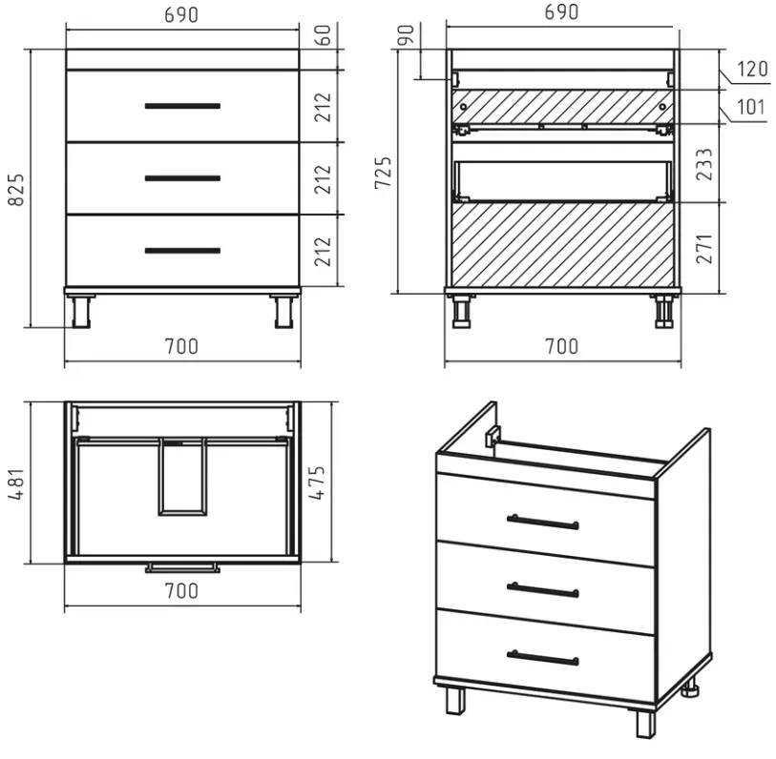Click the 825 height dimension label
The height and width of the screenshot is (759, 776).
tap(16, 190)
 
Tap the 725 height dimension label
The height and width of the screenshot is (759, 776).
tap(383, 172)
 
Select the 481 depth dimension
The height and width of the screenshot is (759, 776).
tap(16, 484)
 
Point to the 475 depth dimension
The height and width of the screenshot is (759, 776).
tap(317, 482)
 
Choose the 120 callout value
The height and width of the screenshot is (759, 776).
tap(752, 70)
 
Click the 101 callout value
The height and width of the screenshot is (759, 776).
tap(751, 107)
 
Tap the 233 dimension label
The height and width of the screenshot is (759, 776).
tap(704, 164)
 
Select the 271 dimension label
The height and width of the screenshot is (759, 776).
tap(704, 249)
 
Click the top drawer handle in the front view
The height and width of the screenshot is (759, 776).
tap(182, 106)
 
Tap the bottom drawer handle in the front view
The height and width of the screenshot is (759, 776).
tap(182, 251)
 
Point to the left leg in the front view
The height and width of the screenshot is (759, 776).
tap(81, 312)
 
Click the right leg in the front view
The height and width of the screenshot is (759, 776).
tap(284, 312)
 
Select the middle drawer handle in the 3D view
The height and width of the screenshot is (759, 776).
tap(543, 589)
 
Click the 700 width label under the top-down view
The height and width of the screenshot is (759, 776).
tap(181, 591)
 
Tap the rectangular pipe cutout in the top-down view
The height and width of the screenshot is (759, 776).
tap(182, 476)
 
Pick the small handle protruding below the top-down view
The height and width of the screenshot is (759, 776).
tap(182, 567)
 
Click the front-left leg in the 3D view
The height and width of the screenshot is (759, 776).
tap(455, 700)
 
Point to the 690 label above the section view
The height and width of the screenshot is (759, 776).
tap(561, 11)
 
